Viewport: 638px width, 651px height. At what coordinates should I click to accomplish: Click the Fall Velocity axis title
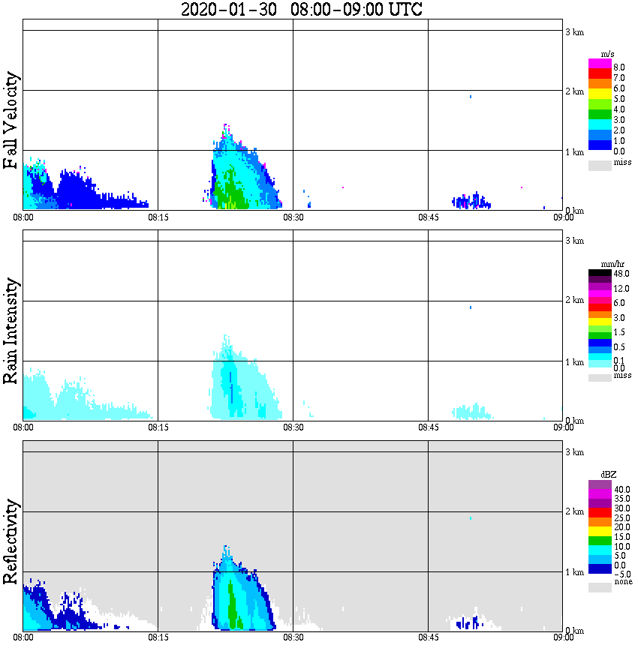[x=11, y=121]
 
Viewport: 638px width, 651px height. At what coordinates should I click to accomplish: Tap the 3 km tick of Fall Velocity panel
[x=574, y=31]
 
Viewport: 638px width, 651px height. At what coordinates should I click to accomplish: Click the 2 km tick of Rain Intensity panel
[x=574, y=301]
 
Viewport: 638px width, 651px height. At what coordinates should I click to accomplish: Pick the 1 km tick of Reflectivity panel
[x=574, y=572]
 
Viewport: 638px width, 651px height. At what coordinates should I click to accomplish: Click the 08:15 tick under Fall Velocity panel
[x=158, y=217]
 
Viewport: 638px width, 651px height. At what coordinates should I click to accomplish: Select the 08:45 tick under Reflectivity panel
[x=428, y=637]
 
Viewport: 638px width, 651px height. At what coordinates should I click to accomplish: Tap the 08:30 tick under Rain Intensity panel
[x=293, y=427]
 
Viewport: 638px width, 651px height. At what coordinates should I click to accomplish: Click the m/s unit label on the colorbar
[x=608, y=55]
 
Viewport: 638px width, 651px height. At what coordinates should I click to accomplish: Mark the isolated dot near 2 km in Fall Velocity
[x=470, y=97]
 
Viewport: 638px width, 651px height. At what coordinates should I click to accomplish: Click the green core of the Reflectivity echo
[x=231, y=604]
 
